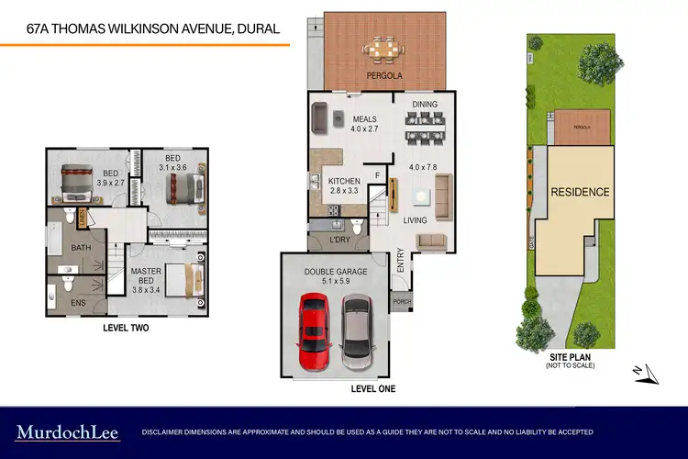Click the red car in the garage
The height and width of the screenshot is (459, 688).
coord(314,329)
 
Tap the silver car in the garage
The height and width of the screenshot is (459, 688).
coord(355,329)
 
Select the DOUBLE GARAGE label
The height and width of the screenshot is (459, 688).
coord(336,272)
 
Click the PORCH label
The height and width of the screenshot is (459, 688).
coord(402,301)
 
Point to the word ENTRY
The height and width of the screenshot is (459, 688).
coord(401,263)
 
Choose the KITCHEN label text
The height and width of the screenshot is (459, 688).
coord(345,181)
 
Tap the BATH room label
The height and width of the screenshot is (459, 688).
coord(81,247)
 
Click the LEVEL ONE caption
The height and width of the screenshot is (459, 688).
coord(373,388)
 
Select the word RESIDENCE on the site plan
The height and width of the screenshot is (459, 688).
coord(580,193)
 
